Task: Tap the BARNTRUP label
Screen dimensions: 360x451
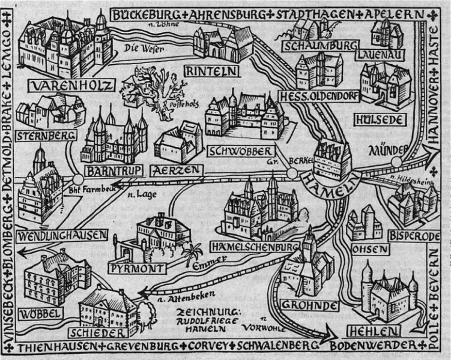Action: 114,171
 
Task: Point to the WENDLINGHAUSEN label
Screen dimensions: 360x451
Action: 62,234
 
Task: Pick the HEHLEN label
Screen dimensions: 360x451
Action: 383,331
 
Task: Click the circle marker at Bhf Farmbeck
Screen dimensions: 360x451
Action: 78,179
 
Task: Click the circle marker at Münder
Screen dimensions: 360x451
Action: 396,162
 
